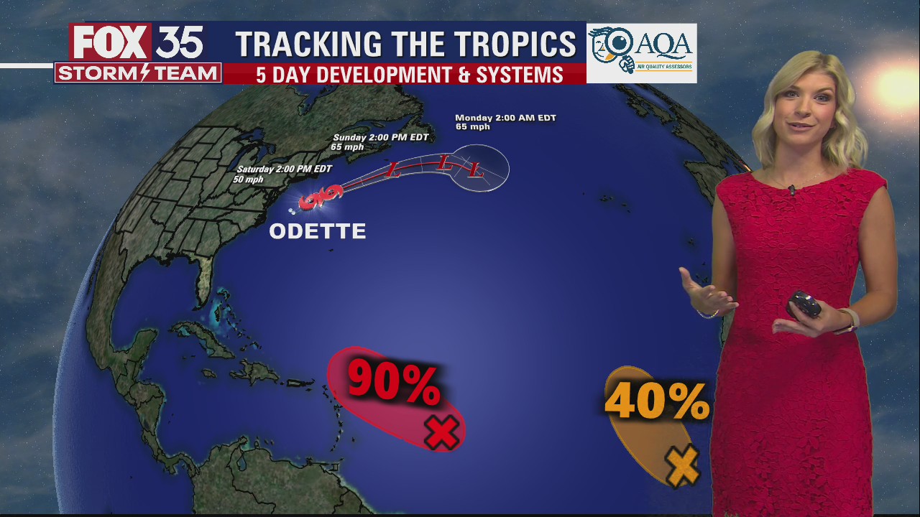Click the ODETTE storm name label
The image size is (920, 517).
click(x=317, y=231)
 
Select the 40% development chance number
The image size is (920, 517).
click(x=656, y=402)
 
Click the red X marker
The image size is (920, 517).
click(x=441, y=432)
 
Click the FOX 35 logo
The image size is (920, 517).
click(x=137, y=43)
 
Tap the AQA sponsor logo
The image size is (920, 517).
click(x=641, y=52)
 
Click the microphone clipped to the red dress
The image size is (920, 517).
click(x=791, y=190)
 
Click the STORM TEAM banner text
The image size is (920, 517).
click(x=138, y=73)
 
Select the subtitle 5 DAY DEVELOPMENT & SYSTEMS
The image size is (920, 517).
click(x=409, y=75)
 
